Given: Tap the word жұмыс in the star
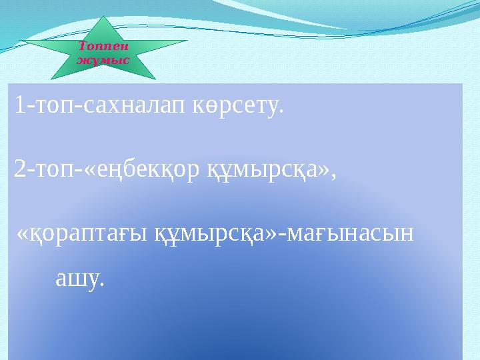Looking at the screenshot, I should [103, 59].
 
